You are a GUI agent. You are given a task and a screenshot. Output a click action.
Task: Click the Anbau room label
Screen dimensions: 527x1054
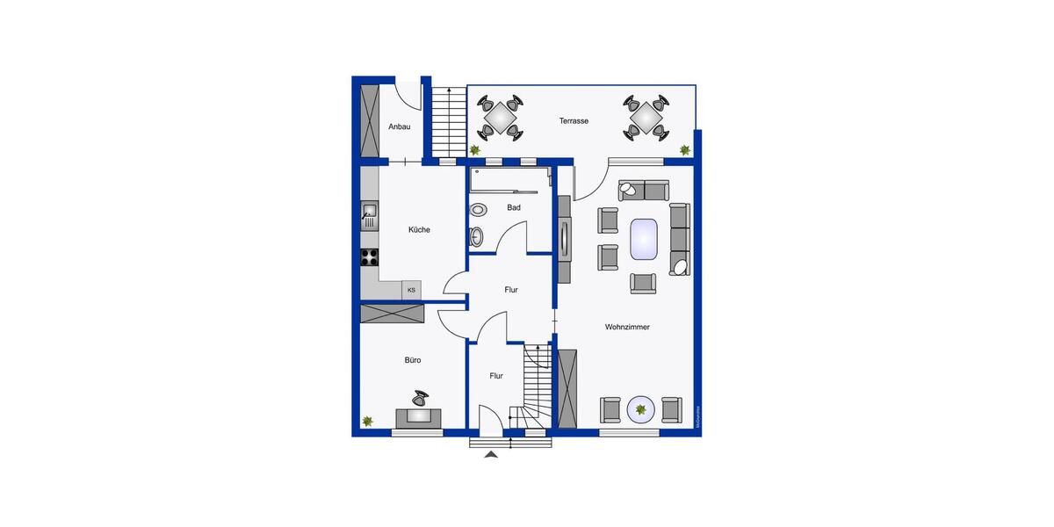pyautogui.click(x=400, y=126)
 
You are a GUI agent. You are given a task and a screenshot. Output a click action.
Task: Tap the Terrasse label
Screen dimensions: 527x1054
pyautogui.click(x=574, y=121)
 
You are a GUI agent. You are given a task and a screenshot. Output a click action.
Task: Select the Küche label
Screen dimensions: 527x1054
pyautogui.click(x=419, y=230)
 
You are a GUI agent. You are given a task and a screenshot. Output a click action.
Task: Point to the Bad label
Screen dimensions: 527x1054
pyautogui.click(x=514, y=208)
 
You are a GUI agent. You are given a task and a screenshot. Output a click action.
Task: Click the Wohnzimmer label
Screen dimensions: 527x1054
pyautogui.click(x=627, y=327)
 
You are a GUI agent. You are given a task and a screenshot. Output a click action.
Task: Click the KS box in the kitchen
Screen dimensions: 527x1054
pyautogui.click(x=411, y=289)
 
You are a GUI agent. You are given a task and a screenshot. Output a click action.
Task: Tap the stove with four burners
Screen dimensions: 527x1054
pyautogui.click(x=370, y=257)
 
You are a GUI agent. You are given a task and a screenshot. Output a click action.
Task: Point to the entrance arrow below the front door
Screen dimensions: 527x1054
pyautogui.click(x=491, y=453)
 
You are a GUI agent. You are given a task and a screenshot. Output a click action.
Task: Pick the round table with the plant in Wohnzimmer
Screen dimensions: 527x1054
pyautogui.click(x=641, y=408)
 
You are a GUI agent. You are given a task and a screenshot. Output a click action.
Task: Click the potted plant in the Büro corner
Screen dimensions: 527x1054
pyautogui.click(x=368, y=422)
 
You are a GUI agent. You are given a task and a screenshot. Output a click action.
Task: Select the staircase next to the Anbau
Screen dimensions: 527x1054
pyautogui.click(x=447, y=123)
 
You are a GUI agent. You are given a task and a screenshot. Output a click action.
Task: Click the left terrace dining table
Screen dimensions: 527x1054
pyautogui.click(x=500, y=117)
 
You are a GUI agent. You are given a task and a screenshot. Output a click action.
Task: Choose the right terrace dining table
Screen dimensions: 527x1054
pyautogui.click(x=646, y=117)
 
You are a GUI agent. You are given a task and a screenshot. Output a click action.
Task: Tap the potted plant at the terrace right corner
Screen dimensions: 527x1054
pyautogui.click(x=684, y=150)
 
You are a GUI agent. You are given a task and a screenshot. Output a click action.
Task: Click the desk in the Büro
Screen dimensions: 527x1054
pyautogui.click(x=418, y=417)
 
